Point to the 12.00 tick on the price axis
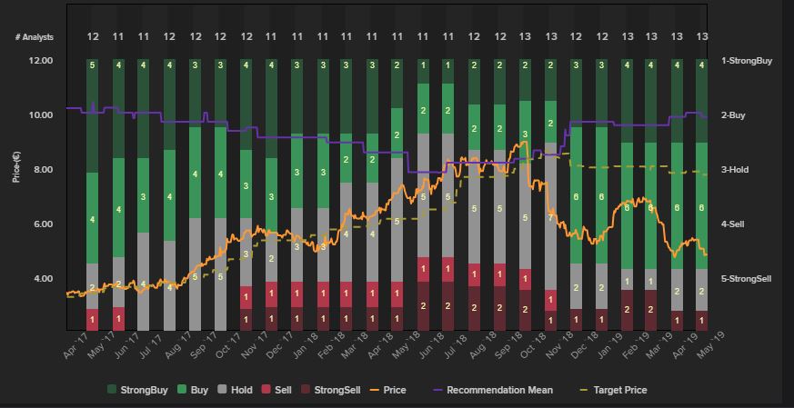41,61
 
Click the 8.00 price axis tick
41,170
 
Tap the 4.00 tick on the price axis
41,279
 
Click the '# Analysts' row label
35,37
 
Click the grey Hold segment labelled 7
550,219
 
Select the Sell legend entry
290,390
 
